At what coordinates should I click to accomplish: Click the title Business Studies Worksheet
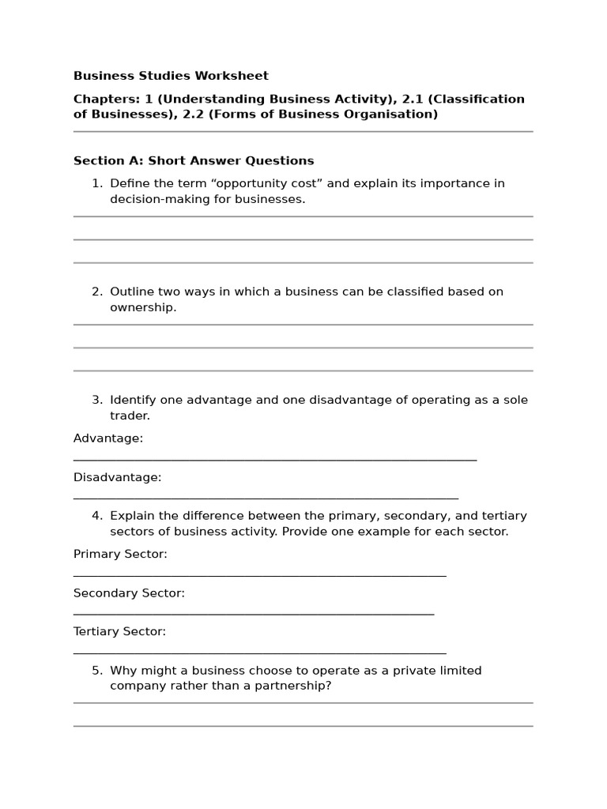171,76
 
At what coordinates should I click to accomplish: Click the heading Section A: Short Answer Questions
194,160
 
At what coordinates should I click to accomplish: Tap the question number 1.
96,183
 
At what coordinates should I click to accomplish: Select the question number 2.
96,292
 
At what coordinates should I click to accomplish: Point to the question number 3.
96,400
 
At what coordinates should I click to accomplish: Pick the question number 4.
96,516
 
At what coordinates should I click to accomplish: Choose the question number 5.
96,671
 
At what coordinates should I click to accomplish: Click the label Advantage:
108,438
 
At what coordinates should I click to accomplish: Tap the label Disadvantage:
117,477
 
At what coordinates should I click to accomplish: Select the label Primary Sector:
120,555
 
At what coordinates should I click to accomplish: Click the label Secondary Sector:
129,593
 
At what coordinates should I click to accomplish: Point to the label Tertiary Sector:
119,632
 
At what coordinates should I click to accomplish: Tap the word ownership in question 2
143,307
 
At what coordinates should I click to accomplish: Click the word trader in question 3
130,416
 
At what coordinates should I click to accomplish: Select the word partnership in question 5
295,686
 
